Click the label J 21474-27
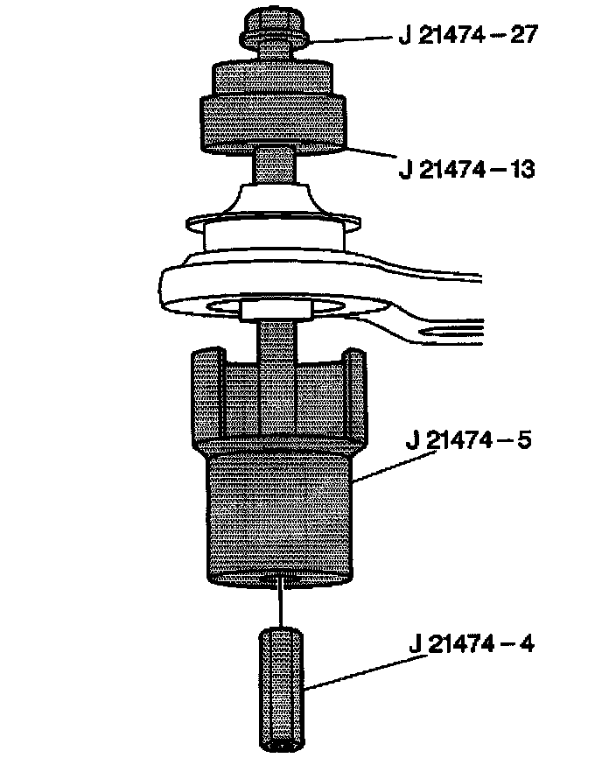467,35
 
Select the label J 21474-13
466,170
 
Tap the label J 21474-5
468,439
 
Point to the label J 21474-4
472,644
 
